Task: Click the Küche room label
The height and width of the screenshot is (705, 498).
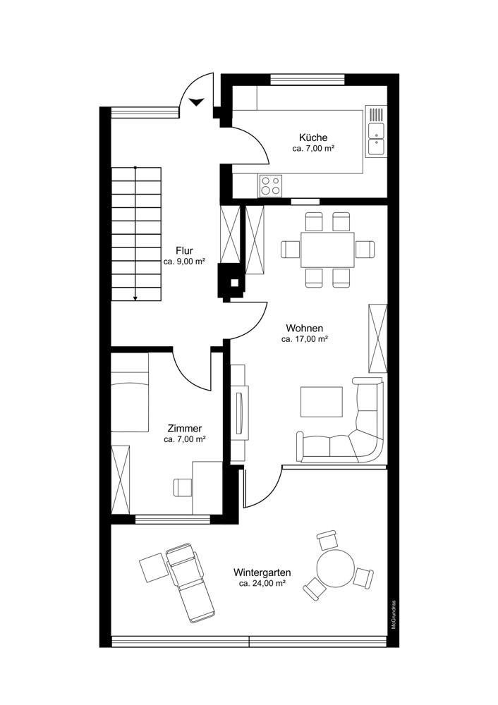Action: click(312, 137)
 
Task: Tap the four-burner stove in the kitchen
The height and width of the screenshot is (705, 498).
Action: click(269, 185)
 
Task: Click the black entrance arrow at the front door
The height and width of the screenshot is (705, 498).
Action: click(197, 102)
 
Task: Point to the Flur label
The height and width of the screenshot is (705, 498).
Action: click(184, 250)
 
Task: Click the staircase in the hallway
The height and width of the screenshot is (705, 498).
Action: click(135, 233)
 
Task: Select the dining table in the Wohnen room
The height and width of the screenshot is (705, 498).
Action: click(327, 250)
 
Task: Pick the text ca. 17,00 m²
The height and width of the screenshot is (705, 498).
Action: click(305, 339)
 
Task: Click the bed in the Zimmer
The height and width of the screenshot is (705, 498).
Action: click(130, 393)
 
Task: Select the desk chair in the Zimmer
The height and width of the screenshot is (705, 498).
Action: click(183, 486)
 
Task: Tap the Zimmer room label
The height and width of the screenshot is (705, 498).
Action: click(185, 428)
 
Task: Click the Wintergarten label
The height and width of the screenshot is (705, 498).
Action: click(262, 573)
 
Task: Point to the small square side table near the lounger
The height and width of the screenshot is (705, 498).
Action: click(152, 568)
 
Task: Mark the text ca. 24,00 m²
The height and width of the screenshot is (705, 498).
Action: click(262, 584)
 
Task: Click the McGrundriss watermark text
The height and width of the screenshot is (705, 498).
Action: click(394, 614)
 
